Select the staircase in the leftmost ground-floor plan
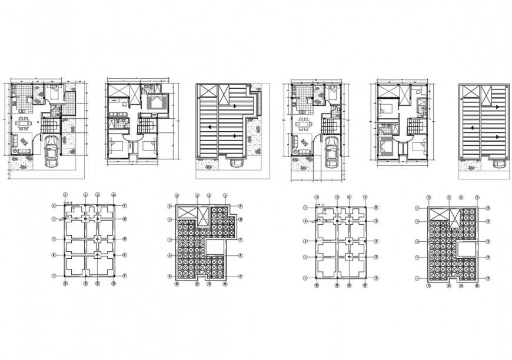49,125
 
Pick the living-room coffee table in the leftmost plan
25,142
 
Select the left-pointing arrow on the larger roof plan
235,136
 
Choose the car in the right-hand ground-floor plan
331,152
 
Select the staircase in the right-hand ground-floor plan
328,125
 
